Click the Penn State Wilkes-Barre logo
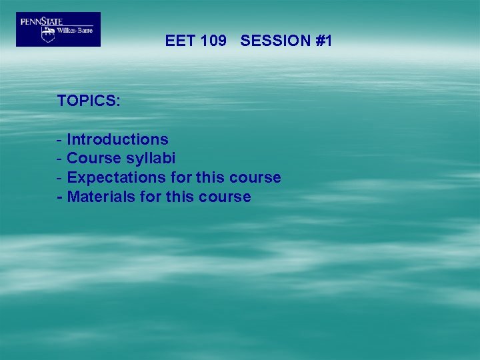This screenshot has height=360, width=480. point(58,29)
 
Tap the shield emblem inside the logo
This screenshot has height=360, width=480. point(48,34)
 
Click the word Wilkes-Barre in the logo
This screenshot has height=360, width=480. point(74,31)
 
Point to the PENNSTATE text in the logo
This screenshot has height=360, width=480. point(41,21)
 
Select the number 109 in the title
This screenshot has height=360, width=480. point(213,41)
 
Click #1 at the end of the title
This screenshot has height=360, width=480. point(324,41)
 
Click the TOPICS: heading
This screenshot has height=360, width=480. point(89,101)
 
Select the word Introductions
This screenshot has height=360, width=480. point(118,139)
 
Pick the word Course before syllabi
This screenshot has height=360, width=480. point(94,159)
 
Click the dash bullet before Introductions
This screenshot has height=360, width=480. point(60,140)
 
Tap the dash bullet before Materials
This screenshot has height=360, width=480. point(60,198)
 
